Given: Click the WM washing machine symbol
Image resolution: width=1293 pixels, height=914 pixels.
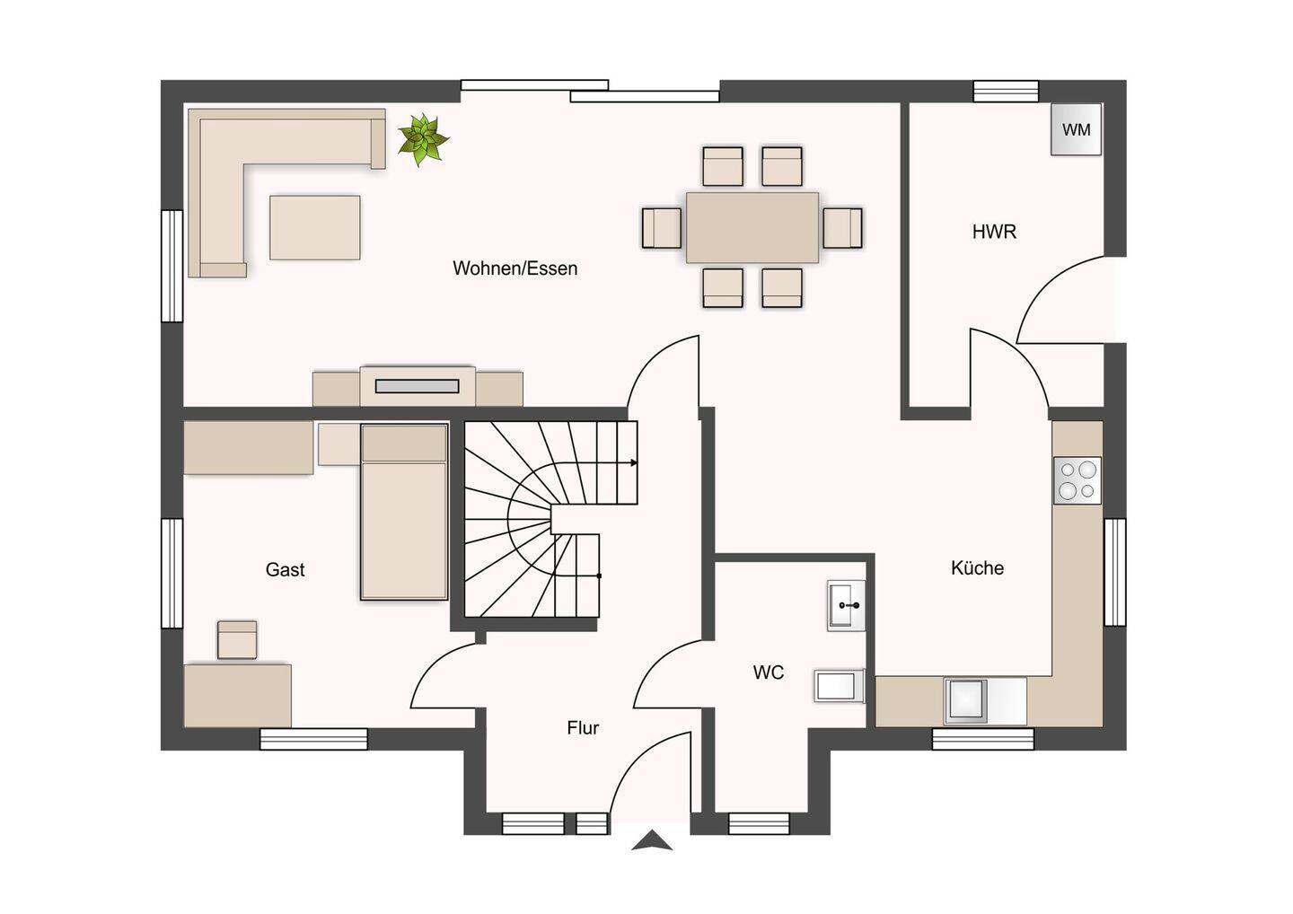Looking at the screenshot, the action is tap(1076, 130).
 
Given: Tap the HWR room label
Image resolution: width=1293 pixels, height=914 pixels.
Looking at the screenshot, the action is tap(994, 232).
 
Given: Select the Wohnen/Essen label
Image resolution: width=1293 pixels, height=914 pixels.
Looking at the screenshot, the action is tap(515, 268).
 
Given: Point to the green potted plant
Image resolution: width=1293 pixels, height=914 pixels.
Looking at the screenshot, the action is tap(423, 139).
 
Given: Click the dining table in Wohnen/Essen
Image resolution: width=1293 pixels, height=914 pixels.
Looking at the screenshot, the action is tap(752, 227).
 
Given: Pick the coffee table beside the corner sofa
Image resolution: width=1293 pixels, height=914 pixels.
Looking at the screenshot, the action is tap(315, 227).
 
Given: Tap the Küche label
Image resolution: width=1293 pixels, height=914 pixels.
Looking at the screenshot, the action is tap(977, 568).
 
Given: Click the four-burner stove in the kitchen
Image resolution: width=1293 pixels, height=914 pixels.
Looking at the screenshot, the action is tap(1077, 480).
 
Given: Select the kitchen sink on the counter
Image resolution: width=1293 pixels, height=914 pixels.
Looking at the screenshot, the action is tap(965, 700).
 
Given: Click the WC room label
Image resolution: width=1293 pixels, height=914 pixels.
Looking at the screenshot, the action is tap(769, 672).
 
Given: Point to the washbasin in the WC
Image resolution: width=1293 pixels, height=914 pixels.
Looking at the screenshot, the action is tap(846, 605).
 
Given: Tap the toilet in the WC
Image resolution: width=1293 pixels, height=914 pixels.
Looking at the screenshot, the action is tap(840, 686).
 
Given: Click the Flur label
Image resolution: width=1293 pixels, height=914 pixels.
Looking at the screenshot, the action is tap(583, 728).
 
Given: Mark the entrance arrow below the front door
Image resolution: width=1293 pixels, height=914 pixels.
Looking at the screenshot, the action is tap(652, 840).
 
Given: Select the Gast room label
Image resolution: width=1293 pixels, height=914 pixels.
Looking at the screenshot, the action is tap(286, 570).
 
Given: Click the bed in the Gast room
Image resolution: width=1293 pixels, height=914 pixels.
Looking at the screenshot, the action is tap(404, 512).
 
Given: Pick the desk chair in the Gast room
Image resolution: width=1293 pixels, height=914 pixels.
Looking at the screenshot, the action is tap(237, 640).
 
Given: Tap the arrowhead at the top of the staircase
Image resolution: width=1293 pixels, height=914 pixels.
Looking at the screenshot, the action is tap(634, 462).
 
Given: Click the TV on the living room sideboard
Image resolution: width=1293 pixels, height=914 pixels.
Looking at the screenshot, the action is tap(417, 386).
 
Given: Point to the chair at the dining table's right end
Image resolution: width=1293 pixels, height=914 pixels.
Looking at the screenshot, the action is tap(843, 227).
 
